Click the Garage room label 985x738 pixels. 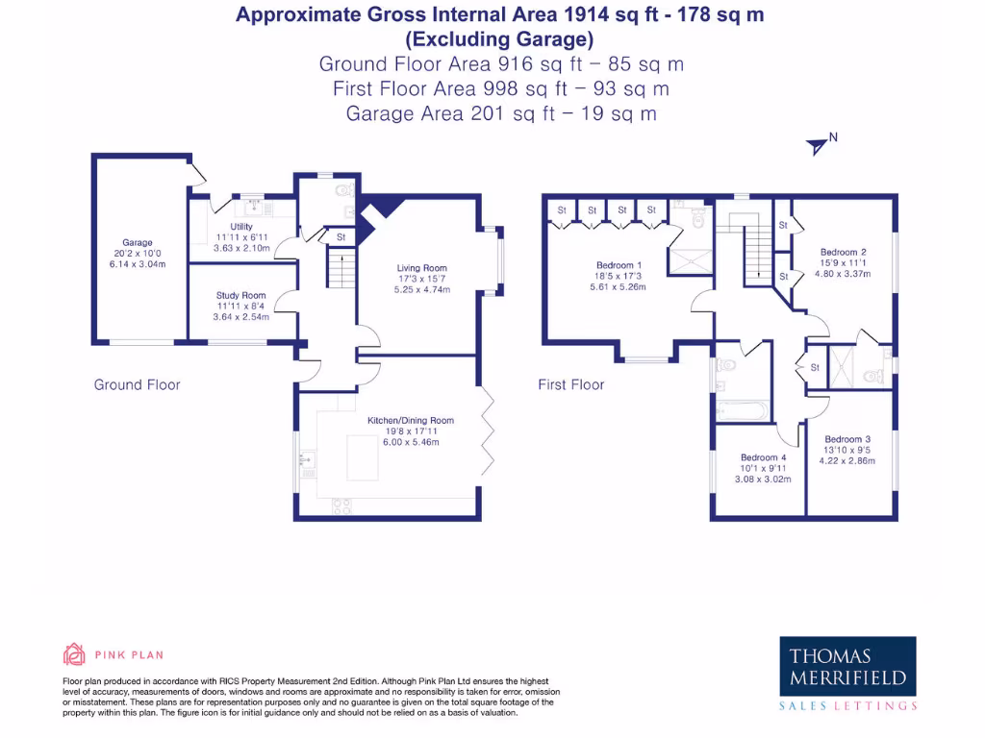pyautogui.click(x=137, y=243)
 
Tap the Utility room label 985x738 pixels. pyautogui.click(x=240, y=227)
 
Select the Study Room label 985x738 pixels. pyautogui.click(x=240, y=296)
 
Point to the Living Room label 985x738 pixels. pyautogui.click(x=422, y=268)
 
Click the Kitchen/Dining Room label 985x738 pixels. pyautogui.click(x=410, y=421)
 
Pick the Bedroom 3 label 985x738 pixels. pyautogui.click(x=847, y=439)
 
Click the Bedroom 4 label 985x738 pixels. pyautogui.click(x=763, y=457)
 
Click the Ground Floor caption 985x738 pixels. pyautogui.click(x=137, y=384)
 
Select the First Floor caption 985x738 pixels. pyautogui.click(x=571, y=384)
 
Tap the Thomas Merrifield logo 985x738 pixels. pyautogui.click(x=846, y=668)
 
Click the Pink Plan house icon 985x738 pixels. pyautogui.click(x=74, y=654)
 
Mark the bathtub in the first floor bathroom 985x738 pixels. pyautogui.click(x=742, y=412)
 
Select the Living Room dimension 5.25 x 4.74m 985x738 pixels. pyautogui.click(x=422, y=289)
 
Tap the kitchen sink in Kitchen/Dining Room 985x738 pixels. pyautogui.click(x=307, y=461)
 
